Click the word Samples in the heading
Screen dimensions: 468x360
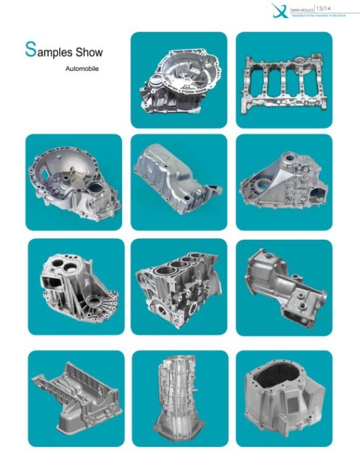(51, 51)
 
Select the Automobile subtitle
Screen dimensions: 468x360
(81, 69)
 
